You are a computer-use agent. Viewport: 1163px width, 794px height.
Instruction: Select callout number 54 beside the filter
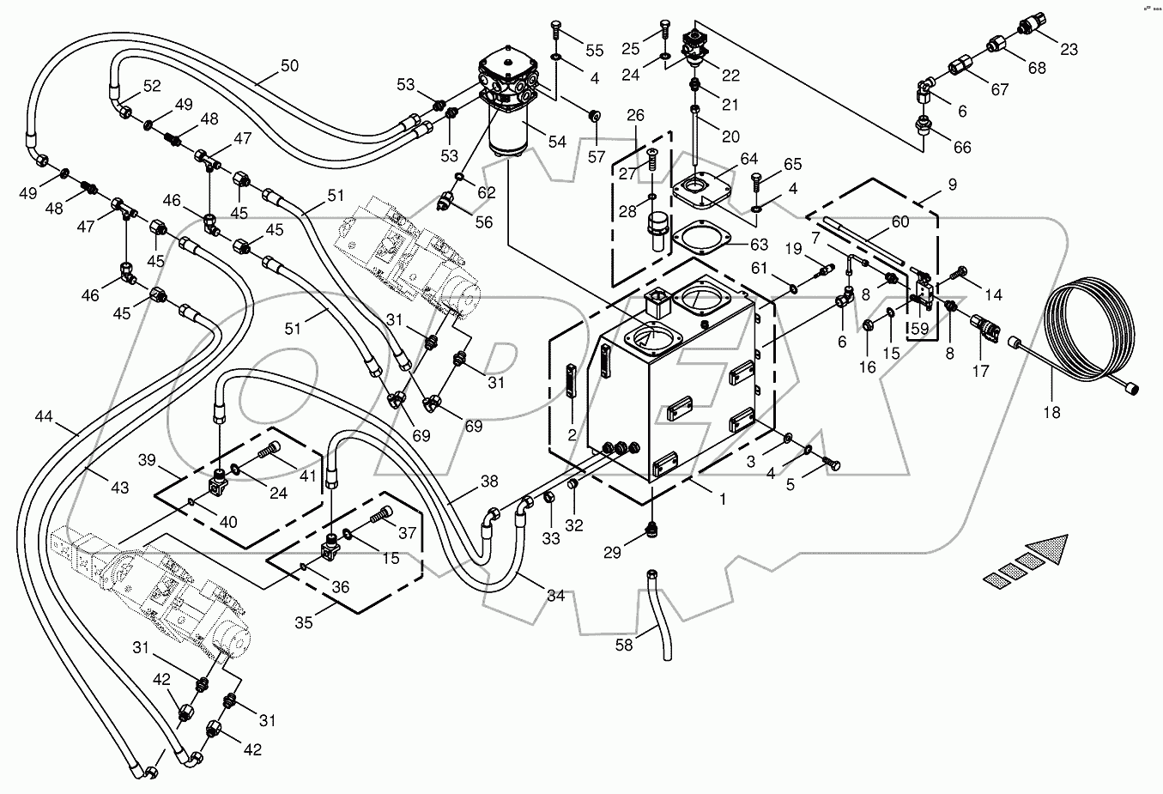[557, 142]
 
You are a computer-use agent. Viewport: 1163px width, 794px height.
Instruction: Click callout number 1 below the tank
[722, 498]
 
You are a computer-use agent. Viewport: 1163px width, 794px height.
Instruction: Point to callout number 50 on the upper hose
[290, 66]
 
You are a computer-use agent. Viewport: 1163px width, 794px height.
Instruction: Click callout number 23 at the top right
[1069, 50]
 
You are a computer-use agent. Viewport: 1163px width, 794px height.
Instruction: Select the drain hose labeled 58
[660, 615]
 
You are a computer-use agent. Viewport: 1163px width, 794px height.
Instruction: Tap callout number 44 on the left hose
[45, 417]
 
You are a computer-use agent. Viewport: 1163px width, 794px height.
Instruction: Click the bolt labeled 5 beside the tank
[830, 464]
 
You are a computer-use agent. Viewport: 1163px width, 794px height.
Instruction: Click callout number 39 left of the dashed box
[147, 461]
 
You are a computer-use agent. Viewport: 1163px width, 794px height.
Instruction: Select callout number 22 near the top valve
[730, 76]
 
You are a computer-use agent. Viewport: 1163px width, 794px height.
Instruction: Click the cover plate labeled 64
[703, 190]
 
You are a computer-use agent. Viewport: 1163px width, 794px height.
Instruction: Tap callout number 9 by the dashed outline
[952, 184]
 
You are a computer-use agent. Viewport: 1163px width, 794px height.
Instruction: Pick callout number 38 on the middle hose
[488, 482]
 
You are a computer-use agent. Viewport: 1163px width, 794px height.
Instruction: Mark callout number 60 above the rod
[900, 222]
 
